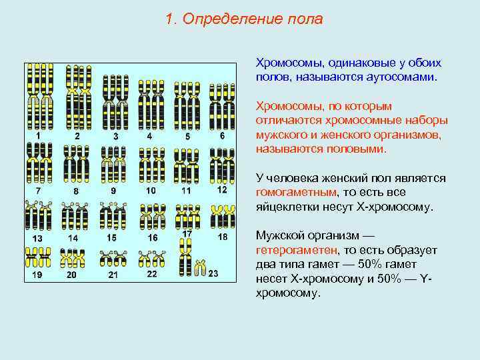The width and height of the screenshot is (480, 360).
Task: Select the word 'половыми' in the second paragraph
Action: point(358,149)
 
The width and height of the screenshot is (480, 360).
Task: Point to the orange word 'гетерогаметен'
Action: point(295,250)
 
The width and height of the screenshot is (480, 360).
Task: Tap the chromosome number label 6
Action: point(222,135)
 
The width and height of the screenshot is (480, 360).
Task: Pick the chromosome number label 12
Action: point(222,189)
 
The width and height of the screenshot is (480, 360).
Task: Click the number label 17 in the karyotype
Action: point(187,234)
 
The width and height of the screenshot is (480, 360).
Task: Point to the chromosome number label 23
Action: point(213,273)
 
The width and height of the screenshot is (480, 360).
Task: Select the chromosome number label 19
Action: point(37,274)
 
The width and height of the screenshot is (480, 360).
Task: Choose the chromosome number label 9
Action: point(113,190)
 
